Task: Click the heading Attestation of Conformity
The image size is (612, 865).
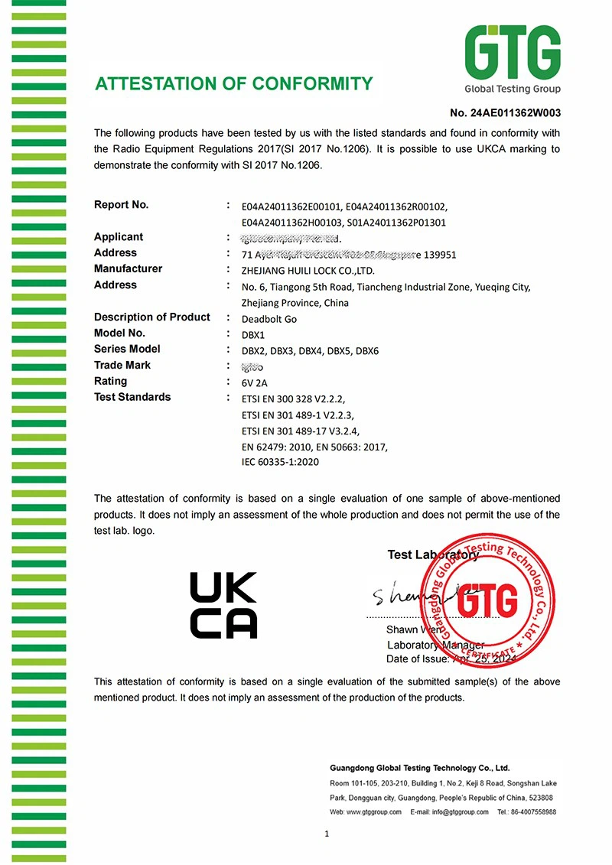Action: (x=233, y=83)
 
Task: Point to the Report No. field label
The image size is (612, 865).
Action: (x=121, y=205)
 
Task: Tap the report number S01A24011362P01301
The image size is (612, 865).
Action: (x=396, y=223)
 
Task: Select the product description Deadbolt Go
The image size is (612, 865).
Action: (x=269, y=318)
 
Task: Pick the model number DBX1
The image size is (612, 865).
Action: (x=253, y=334)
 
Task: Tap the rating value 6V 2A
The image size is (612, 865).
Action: (x=256, y=382)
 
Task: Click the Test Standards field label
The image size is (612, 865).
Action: (x=132, y=397)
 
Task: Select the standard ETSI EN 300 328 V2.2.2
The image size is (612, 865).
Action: (x=293, y=398)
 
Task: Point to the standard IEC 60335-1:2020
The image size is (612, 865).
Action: (x=280, y=462)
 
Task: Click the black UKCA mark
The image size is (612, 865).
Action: (x=223, y=605)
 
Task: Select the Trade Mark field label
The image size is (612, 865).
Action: (x=122, y=366)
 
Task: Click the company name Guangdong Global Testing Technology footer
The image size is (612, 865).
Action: (x=419, y=767)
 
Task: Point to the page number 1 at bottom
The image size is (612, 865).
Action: (x=326, y=834)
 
